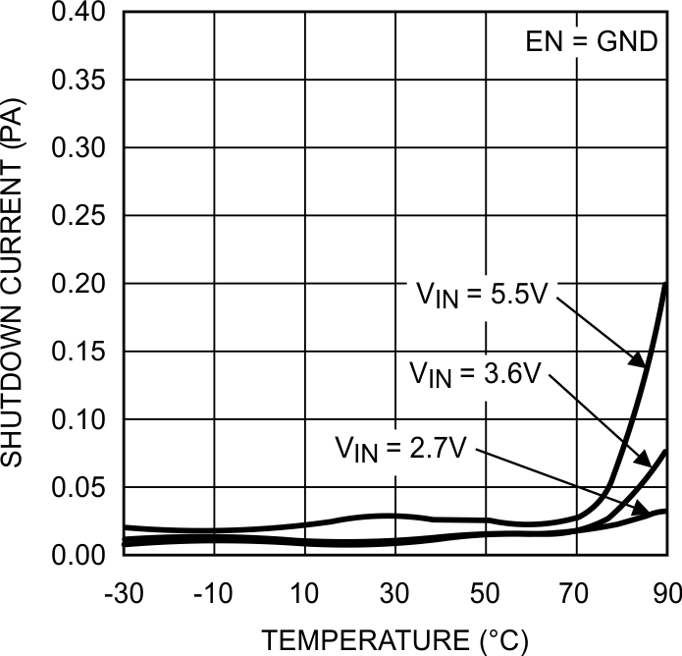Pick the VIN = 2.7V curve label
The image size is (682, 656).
tap(403, 450)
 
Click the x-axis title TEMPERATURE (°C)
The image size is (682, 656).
tap(394, 640)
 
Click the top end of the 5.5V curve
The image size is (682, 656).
tap(666, 284)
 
